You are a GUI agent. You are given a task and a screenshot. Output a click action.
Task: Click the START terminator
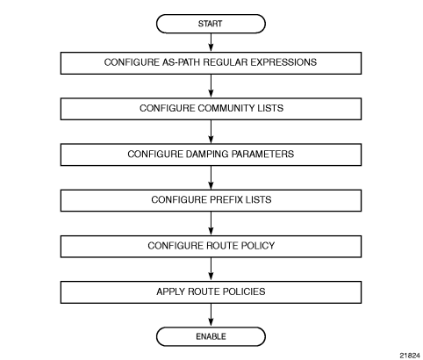click(211, 24)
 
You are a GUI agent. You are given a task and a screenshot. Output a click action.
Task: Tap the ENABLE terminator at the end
click(211, 336)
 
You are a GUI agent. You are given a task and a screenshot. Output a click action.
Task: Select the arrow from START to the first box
click(211, 43)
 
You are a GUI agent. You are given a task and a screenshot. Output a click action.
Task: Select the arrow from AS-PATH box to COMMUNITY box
click(211, 86)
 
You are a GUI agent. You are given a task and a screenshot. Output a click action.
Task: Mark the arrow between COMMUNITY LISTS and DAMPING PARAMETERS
click(211, 132)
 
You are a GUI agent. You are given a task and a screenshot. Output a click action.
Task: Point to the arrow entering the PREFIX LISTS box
click(211, 177)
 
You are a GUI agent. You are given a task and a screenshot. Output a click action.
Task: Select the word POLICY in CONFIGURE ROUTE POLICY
click(258, 246)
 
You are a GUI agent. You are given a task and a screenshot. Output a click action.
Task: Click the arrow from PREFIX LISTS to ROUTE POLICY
click(211, 224)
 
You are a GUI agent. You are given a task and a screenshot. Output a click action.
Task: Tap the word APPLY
click(170, 292)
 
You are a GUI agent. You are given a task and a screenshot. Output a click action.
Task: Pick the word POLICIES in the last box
click(244, 292)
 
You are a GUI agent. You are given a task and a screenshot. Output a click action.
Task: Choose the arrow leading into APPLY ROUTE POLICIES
click(211, 270)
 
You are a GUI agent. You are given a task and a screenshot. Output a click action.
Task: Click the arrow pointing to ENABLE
click(211, 315)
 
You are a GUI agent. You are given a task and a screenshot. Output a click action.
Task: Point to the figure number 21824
click(410, 356)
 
